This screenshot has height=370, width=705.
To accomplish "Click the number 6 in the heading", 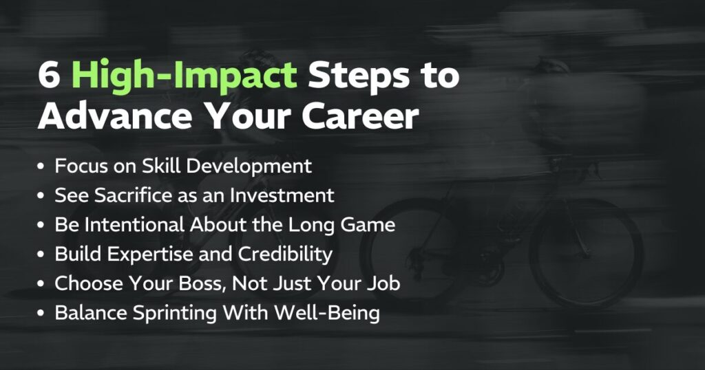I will tap(49, 76).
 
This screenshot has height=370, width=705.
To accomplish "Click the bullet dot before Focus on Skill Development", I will tap(43, 166).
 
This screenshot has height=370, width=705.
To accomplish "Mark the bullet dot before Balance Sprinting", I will tap(43, 314).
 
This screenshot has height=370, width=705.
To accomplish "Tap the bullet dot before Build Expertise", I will tap(43, 254).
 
